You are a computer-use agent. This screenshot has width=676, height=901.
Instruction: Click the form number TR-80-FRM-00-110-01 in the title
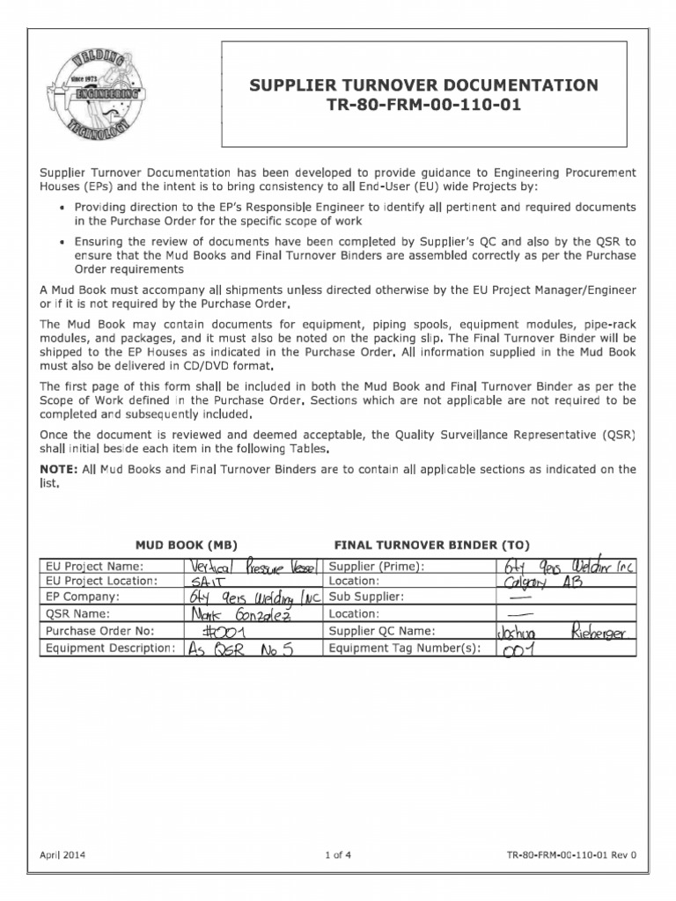click(x=425, y=106)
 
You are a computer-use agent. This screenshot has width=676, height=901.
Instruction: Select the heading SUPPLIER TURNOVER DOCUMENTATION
click(x=425, y=85)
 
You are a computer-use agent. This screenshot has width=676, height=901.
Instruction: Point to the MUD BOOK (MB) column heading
click(x=186, y=545)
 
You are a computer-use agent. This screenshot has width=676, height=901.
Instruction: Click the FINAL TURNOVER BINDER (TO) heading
click(x=432, y=545)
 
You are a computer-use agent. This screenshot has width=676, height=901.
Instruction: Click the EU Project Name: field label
click(x=94, y=566)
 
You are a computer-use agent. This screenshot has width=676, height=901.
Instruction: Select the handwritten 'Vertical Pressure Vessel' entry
click(x=249, y=566)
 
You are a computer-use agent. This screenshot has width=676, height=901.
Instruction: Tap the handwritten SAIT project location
click(x=208, y=582)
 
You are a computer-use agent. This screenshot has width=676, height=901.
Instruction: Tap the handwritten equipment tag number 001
click(x=520, y=649)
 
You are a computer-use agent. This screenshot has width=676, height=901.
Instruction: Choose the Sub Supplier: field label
click(x=364, y=598)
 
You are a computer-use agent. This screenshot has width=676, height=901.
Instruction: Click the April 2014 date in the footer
click(x=63, y=855)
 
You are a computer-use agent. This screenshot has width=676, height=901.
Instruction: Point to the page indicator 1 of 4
click(x=338, y=855)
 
